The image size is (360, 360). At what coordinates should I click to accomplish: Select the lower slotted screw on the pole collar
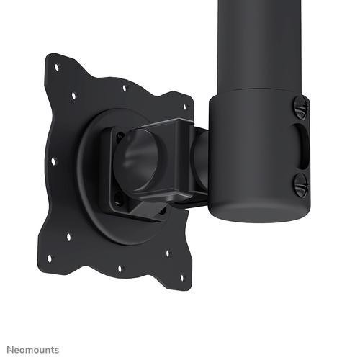(x=301, y=186)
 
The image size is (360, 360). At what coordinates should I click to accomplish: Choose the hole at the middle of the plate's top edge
(x=124, y=89)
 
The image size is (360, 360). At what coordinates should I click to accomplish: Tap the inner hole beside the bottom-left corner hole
(x=69, y=235)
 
